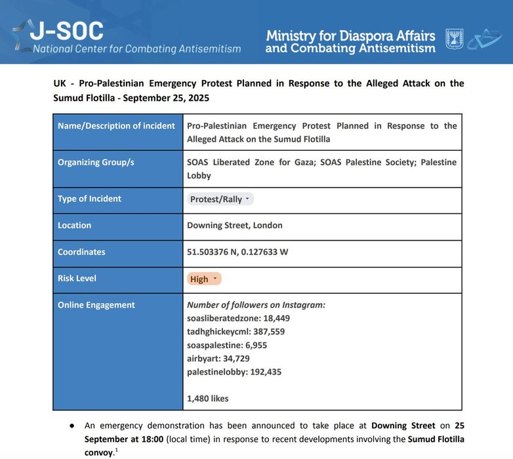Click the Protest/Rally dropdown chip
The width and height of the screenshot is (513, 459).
[220, 199]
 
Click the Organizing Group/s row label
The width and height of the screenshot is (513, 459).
[96, 162]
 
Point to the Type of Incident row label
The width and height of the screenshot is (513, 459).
[89, 199]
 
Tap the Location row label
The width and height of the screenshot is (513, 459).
[74, 226]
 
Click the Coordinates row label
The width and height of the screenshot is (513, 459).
[81, 252]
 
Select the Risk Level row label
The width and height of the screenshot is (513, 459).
[77, 279]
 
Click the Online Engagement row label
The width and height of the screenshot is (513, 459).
[96, 305]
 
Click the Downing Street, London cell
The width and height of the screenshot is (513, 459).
[235, 226]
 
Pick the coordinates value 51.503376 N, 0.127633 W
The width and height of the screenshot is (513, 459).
[237, 252]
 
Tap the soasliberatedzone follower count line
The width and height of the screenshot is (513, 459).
[238, 318]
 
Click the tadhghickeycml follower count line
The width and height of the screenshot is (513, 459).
[236, 332]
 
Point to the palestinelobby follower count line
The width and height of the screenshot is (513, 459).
[239, 372]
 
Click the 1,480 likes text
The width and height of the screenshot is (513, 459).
[208, 398]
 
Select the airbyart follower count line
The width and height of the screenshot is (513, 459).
[220, 359]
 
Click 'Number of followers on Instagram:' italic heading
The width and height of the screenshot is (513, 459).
[256, 305]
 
